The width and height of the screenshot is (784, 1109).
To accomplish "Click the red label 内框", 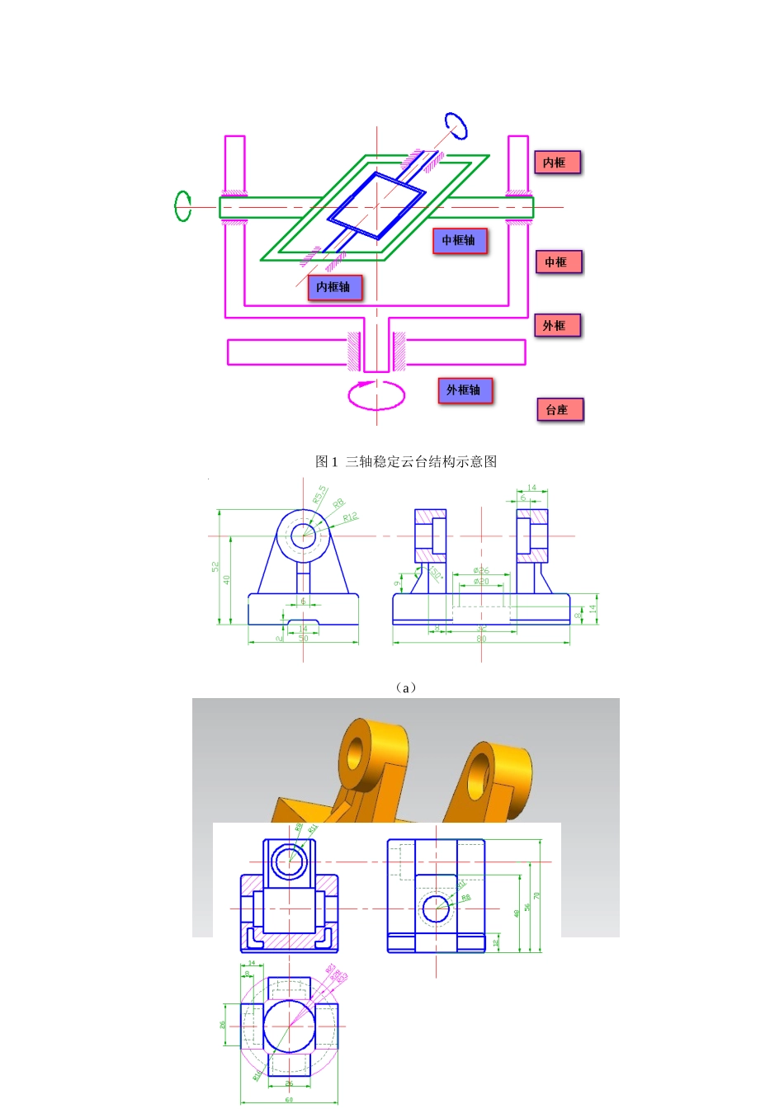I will [x=557, y=163].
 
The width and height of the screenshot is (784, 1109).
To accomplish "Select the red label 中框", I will [x=559, y=262].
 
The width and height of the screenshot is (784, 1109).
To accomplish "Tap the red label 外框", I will [x=557, y=326].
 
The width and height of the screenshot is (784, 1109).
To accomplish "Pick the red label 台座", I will [x=560, y=410].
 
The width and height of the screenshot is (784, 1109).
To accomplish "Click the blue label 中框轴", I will [x=460, y=241].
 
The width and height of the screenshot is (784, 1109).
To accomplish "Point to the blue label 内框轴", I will [x=334, y=287].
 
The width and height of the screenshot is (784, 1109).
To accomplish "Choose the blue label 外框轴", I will [x=465, y=390].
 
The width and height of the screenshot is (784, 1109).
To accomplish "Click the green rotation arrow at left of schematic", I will [x=182, y=206].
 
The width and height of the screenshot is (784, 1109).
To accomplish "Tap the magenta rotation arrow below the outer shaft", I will [x=376, y=395].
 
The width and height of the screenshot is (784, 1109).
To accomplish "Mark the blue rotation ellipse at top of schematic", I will [x=456, y=125].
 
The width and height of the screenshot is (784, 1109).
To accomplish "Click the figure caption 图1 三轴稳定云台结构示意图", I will [x=406, y=461].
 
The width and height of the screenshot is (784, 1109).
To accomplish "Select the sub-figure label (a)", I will [x=404, y=687].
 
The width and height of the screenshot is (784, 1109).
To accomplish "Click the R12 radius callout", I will [x=350, y=517].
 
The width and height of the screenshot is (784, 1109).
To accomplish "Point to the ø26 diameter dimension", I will [x=481, y=570].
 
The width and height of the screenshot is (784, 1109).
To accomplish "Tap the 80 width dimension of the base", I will [x=481, y=639].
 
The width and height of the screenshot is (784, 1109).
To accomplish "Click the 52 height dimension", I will [x=215, y=567].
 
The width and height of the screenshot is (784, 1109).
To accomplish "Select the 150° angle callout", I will [x=435, y=574].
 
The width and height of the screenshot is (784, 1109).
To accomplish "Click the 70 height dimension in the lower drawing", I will [x=536, y=895].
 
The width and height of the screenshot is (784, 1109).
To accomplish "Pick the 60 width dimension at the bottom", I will [x=289, y=1099].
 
